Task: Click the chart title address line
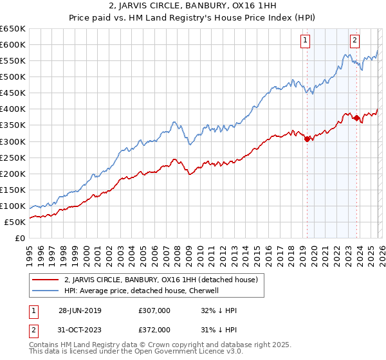pos(193,6)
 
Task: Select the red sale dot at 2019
pos(307,138)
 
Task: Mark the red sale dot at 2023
pos(356,118)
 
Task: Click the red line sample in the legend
pos(45,280)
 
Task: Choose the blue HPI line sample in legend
pos(45,291)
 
